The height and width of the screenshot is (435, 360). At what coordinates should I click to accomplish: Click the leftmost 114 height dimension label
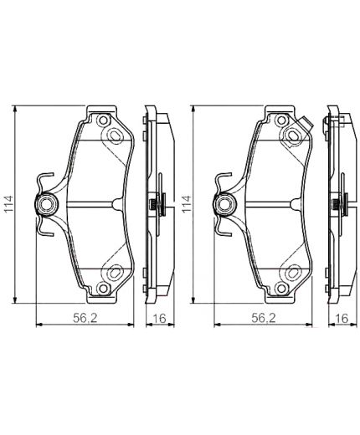[8, 203]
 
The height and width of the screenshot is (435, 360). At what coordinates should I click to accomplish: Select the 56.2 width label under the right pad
[263, 317]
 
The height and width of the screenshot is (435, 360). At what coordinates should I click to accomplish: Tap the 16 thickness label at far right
[341, 317]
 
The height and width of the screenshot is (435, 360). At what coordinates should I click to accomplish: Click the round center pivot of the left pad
[46, 203]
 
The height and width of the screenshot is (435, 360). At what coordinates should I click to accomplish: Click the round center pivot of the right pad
[224, 203]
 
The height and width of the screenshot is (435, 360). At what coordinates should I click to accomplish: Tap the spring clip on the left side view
[153, 203]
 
